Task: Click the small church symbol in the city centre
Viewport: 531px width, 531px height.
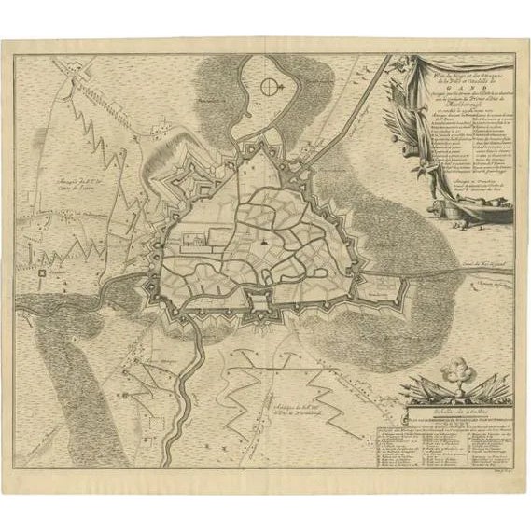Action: point(264,240)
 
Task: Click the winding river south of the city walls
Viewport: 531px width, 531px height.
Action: point(188,373)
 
